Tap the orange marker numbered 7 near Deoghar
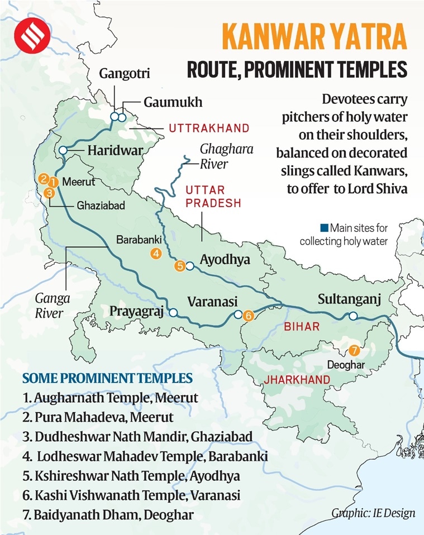click(x=352, y=351)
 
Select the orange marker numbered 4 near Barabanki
click(x=156, y=254)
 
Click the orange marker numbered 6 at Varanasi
click(x=249, y=316)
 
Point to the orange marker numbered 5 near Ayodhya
click(x=179, y=266)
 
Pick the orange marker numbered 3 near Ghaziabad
click(x=49, y=193)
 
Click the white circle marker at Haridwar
click(x=63, y=150)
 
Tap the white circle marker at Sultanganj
click(x=352, y=316)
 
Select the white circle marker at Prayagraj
click(x=174, y=313)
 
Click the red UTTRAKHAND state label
click(x=209, y=128)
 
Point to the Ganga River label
click(x=49, y=306)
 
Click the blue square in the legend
click(x=324, y=228)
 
